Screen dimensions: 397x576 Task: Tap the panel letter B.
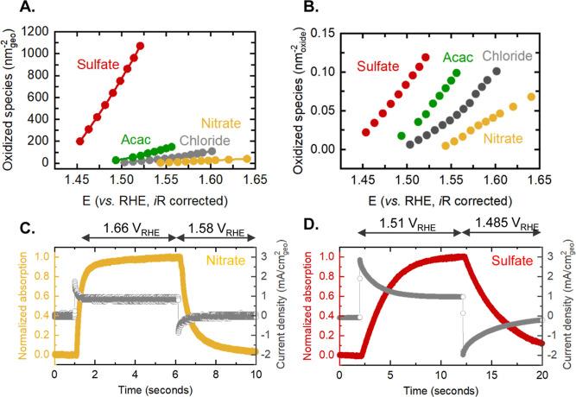(304, 9)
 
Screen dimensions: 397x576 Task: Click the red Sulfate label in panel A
(98, 64)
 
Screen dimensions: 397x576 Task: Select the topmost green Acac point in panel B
(457, 73)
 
